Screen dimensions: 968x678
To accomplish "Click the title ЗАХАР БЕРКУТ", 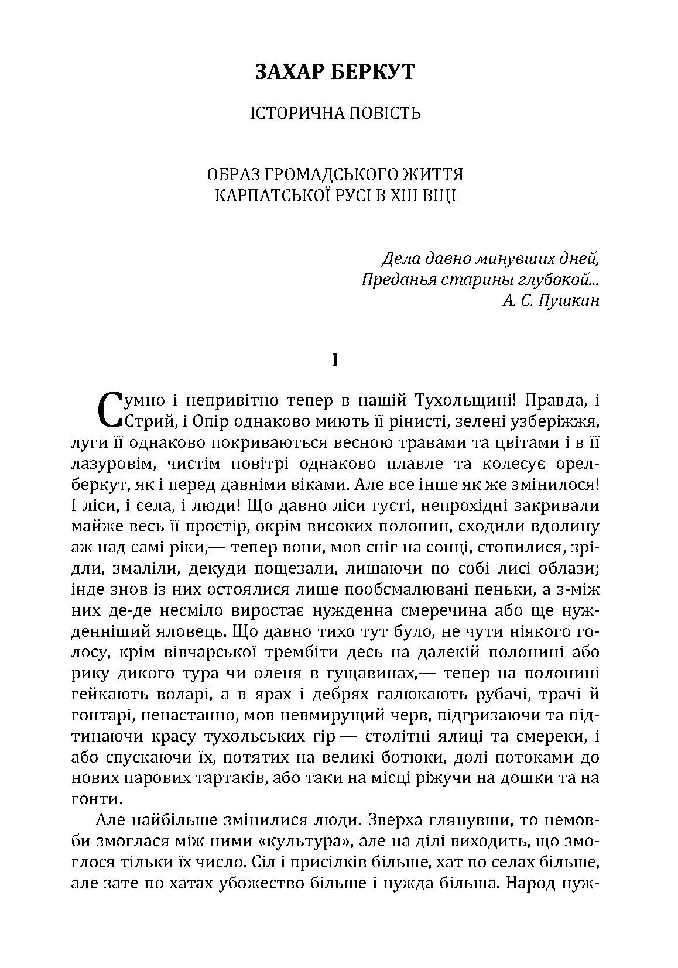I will pyautogui.click(x=335, y=72).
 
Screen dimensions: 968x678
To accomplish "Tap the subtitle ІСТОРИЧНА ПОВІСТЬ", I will pyautogui.click(x=335, y=112).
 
